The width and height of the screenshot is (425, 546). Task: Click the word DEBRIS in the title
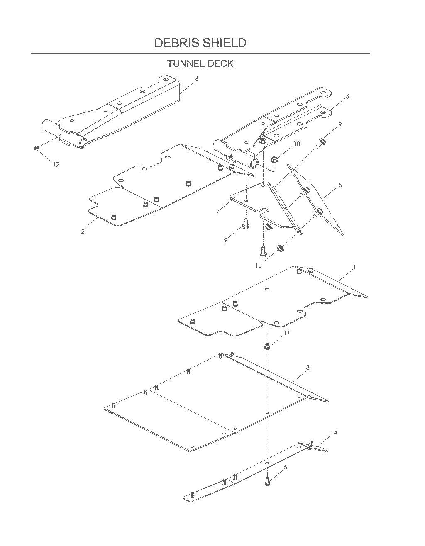(177, 43)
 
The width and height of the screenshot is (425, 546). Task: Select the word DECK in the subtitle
(221, 63)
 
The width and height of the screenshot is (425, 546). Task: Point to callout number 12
(56, 164)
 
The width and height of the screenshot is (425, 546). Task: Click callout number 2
(83, 232)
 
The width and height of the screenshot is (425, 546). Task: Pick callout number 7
(217, 212)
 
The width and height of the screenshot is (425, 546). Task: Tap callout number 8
(340, 185)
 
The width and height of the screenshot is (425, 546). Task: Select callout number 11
(287, 333)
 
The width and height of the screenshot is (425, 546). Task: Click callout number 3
(308, 368)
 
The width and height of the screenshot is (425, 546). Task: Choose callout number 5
(286, 467)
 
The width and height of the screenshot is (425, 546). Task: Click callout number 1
(354, 267)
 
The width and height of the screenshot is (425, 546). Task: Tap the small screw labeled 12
(35, 148)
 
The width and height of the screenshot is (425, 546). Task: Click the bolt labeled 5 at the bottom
(267, 481)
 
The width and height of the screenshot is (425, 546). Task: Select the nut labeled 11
(267, 347)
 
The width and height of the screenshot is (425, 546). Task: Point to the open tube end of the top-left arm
(83, 144)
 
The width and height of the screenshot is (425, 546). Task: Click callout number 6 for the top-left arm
(197, 79)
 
